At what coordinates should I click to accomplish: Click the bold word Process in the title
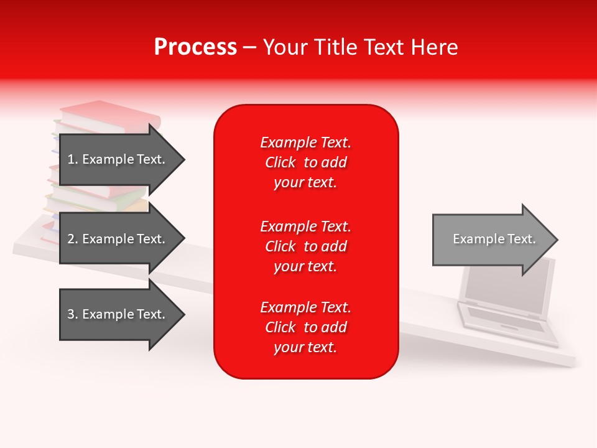click(x=195, y=47)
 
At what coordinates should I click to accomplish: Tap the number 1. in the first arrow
click(x=72, y=159)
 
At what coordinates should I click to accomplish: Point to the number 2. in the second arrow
click(x=72, y=239)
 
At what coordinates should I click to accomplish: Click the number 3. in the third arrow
click(x=72, y=314)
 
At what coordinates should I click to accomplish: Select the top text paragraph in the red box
click(x=305, y=162)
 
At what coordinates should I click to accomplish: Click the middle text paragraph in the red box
click(x=305, y=246)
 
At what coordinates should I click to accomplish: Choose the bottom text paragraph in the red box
click(x=305, y=327)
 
